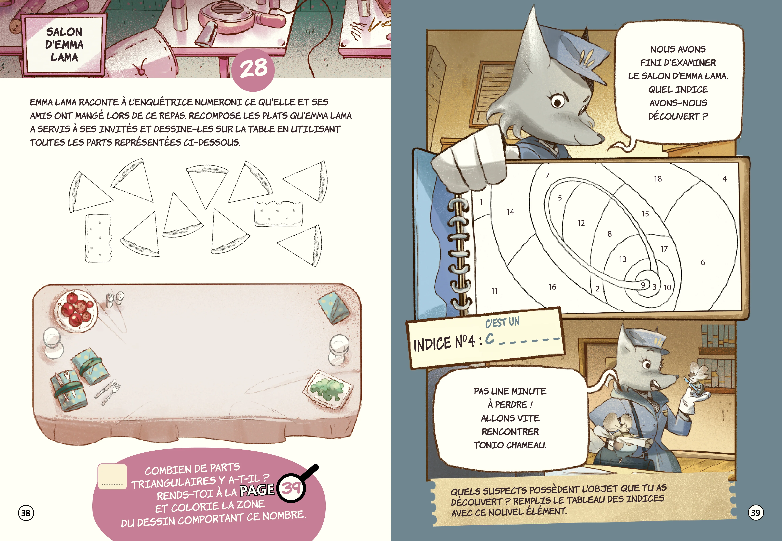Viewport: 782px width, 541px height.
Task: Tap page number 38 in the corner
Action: (26, 513)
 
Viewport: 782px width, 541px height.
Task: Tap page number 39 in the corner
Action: (756, 512)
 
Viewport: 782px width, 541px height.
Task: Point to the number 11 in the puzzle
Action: (494, 291)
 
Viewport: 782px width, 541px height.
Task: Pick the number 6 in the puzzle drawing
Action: (703, 262)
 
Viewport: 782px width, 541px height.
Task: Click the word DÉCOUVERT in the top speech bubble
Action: (674, 116)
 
